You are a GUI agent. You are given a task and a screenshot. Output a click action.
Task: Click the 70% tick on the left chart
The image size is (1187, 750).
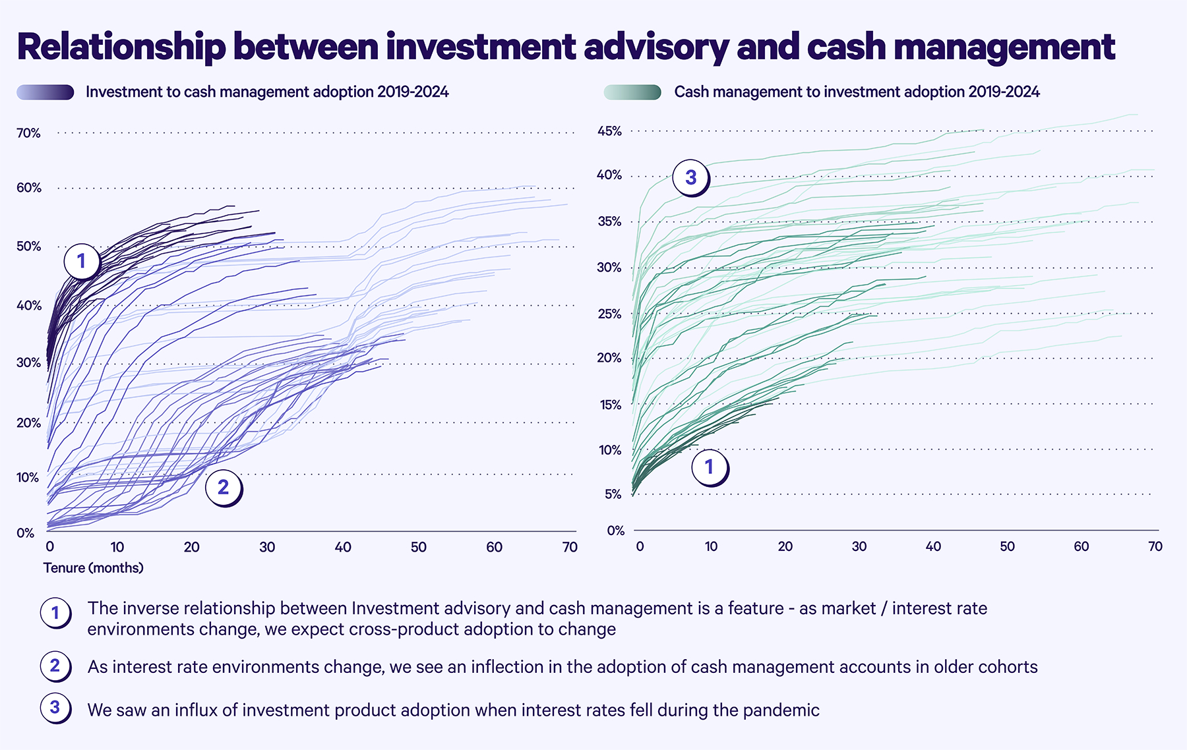point(28,133)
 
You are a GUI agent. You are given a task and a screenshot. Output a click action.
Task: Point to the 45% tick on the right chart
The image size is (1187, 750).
point(609,131)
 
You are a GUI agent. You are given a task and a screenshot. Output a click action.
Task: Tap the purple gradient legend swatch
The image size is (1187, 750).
point(46,92)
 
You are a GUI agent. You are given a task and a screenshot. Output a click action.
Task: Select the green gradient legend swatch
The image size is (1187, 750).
point(632,92)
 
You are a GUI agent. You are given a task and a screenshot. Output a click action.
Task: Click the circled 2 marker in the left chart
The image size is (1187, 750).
point(223,488)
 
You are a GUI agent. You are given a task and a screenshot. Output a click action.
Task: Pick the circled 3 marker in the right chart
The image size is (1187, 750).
point(690,177)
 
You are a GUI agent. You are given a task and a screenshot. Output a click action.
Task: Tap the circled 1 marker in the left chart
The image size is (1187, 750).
point(82,262)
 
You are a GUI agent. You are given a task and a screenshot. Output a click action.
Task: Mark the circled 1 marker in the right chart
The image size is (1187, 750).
point(709,467)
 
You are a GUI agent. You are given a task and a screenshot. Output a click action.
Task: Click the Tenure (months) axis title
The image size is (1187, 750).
point(93,568)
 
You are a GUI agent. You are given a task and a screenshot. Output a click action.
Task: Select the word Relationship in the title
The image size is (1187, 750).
point(121,47)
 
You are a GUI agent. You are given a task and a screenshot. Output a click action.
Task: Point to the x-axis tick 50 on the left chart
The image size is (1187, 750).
point(418,547)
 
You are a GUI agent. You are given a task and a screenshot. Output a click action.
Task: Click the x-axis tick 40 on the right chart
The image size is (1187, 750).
point(933,546)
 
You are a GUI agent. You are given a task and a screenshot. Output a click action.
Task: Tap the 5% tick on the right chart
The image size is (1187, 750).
point(613,494)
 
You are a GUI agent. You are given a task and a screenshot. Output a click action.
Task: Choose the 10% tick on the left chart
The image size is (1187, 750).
point(28,478)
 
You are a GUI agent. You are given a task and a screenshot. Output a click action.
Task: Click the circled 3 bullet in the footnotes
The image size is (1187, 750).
point(55,708)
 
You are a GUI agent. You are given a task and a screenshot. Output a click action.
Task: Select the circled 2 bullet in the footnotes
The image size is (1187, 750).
point(55,666)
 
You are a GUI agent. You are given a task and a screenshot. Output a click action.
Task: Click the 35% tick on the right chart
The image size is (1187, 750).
point(609,221)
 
